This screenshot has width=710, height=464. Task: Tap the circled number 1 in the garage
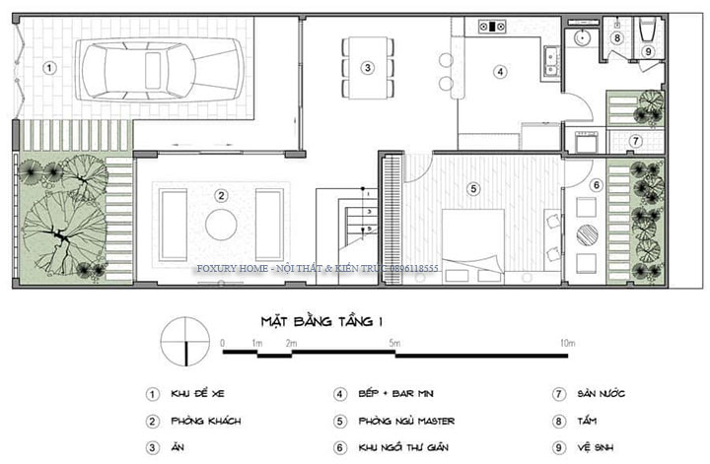(50, 68)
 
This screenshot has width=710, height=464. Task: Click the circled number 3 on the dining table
(367, 68)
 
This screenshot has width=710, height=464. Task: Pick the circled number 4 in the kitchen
(500, 72)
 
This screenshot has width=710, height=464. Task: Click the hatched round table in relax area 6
(586, 235)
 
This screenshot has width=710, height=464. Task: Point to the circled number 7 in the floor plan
(636, 141)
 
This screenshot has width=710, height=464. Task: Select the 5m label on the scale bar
(393, 343)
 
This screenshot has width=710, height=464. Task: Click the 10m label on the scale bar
(566, 343)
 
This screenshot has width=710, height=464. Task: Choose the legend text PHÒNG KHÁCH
(208, 421)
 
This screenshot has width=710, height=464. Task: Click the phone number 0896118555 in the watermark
(474, 267)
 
